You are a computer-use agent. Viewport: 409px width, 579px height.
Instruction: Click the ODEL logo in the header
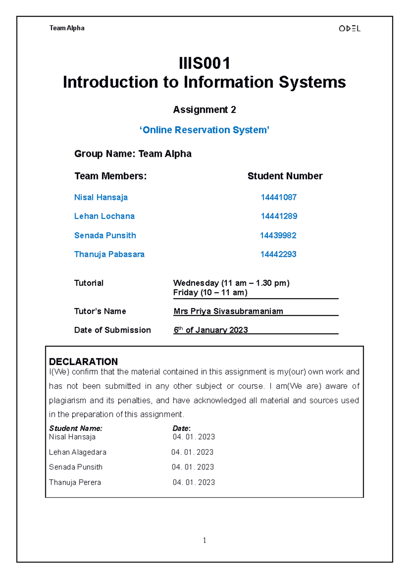(x=349, y=29)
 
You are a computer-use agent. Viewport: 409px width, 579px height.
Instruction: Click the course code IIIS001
(x=204, y=64)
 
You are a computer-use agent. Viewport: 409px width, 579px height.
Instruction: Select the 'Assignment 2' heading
(x=204, y=110)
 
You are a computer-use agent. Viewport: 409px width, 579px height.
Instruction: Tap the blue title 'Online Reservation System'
(x=204, y=130)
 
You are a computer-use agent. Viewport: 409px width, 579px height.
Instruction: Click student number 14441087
(x=278, y=197)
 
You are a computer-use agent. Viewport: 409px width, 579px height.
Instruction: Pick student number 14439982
(x=278, y=236)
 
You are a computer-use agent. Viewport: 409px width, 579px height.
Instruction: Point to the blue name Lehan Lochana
(x=104, y=216)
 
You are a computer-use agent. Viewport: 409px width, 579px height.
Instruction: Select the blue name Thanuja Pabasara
(x=109, y=254)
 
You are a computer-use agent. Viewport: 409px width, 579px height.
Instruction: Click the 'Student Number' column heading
(x=285, y=176)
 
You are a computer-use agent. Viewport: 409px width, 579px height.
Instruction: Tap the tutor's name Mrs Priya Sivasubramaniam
(x=228, y=311)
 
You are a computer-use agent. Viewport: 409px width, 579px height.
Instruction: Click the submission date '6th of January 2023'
(x=211, y=330)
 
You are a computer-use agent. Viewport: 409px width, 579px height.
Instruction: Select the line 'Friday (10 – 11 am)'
(x=210, y=293)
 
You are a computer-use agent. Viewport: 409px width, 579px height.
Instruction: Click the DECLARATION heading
(x=83, y=361)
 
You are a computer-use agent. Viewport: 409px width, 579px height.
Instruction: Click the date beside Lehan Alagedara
(x=192, y=452)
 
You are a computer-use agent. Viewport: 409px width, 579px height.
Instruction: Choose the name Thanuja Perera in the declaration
(x=75, y=482)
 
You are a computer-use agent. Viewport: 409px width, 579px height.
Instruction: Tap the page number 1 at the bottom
(x=204, y=540)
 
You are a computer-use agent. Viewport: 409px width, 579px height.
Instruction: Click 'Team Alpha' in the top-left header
(x=67, y=28)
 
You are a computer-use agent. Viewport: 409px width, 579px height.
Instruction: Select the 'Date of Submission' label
(x=112, y=330)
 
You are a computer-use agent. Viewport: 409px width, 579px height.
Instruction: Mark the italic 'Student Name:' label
(x=75, y=428)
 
